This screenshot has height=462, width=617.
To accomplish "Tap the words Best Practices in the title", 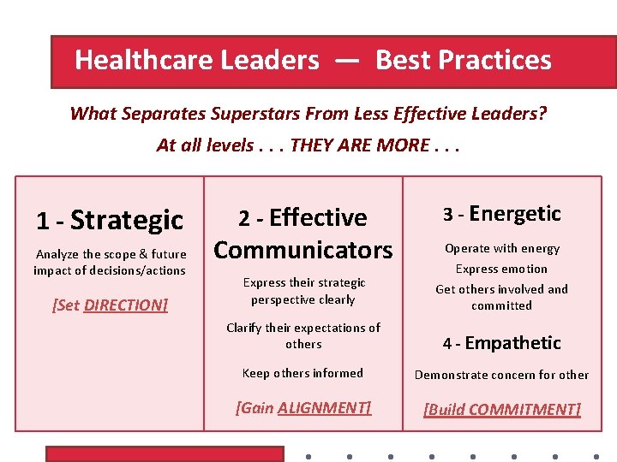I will coord(464,61).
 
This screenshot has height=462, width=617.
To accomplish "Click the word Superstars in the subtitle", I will coord(253,113).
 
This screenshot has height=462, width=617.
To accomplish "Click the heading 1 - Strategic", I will coord(110,221).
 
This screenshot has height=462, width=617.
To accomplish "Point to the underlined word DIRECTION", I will coord(125,305).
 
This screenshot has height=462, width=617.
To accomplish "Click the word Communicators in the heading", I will coord(303,250).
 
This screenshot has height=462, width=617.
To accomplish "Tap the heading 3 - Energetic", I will coord(501,214).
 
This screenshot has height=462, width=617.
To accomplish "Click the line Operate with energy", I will coord(501,249).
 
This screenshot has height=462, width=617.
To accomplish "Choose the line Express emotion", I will coord(501,269).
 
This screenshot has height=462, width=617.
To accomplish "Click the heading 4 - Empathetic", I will coord(501,343).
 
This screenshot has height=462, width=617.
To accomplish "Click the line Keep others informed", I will coord(303,373).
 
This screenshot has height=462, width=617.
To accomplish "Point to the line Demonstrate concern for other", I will coord(501,375).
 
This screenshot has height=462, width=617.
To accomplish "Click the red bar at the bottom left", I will coord(116,454).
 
